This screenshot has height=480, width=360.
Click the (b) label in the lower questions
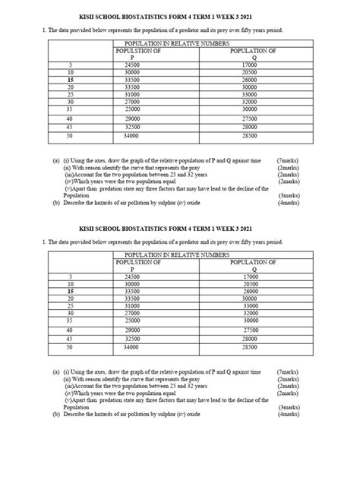coord(55,415)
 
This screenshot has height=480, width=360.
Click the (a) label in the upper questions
coord(55,162)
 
